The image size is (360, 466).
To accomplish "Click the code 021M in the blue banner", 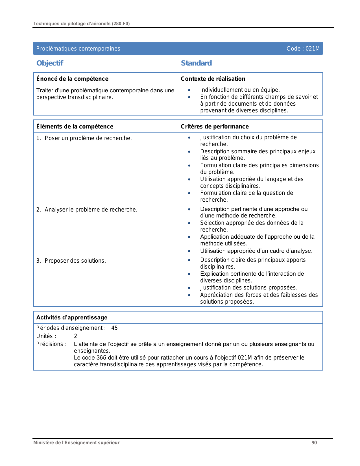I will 303,49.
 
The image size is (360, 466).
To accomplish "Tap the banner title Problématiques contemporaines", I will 78,49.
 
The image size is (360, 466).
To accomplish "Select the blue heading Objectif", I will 50,63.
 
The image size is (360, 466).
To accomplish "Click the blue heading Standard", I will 196,63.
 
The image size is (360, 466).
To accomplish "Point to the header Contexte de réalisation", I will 213,79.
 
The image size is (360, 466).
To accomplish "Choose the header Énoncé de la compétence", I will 72,79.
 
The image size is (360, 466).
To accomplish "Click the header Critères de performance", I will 215,127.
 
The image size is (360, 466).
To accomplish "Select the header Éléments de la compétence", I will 75,127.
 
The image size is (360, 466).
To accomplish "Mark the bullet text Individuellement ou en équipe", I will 240,90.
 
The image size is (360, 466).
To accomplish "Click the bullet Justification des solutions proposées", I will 248,288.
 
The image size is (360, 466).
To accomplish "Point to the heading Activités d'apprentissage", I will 72,317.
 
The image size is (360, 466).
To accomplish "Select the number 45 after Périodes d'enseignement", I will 114,328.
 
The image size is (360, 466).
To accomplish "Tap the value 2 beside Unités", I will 75,336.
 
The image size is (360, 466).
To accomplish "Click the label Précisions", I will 51,344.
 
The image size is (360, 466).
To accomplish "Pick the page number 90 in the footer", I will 314,443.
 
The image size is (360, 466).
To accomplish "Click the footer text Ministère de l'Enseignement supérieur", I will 76,443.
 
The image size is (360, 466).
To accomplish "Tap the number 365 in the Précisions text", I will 101,358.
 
